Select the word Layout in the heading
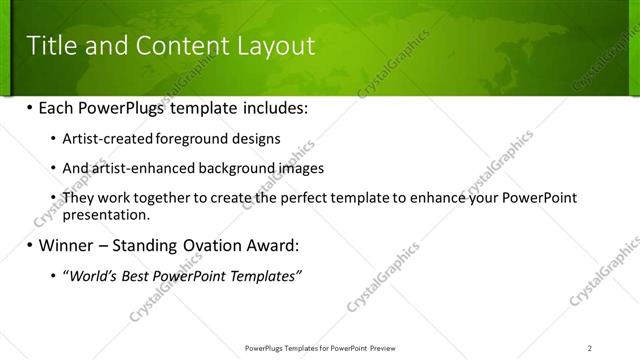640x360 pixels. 275,46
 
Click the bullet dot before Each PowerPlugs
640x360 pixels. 30,106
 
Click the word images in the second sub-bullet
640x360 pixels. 301,168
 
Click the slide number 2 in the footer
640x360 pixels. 590,347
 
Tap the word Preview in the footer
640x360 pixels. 387,347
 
